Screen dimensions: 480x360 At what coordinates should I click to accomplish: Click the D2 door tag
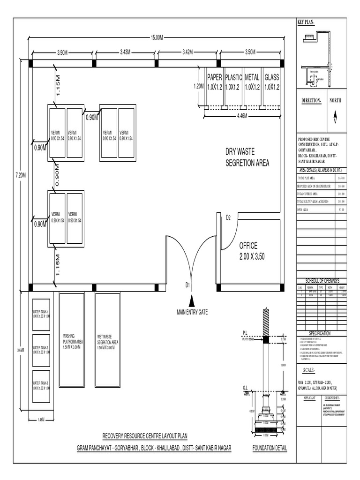[x=229, y=217]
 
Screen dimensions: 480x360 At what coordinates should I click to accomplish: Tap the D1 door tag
[x=187, y=285]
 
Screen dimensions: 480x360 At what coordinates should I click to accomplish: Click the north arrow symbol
[x=335, y=118]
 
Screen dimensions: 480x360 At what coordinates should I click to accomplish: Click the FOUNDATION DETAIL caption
[x=270, y=448]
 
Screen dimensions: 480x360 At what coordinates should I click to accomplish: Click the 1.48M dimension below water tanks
[x=40, y=420]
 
